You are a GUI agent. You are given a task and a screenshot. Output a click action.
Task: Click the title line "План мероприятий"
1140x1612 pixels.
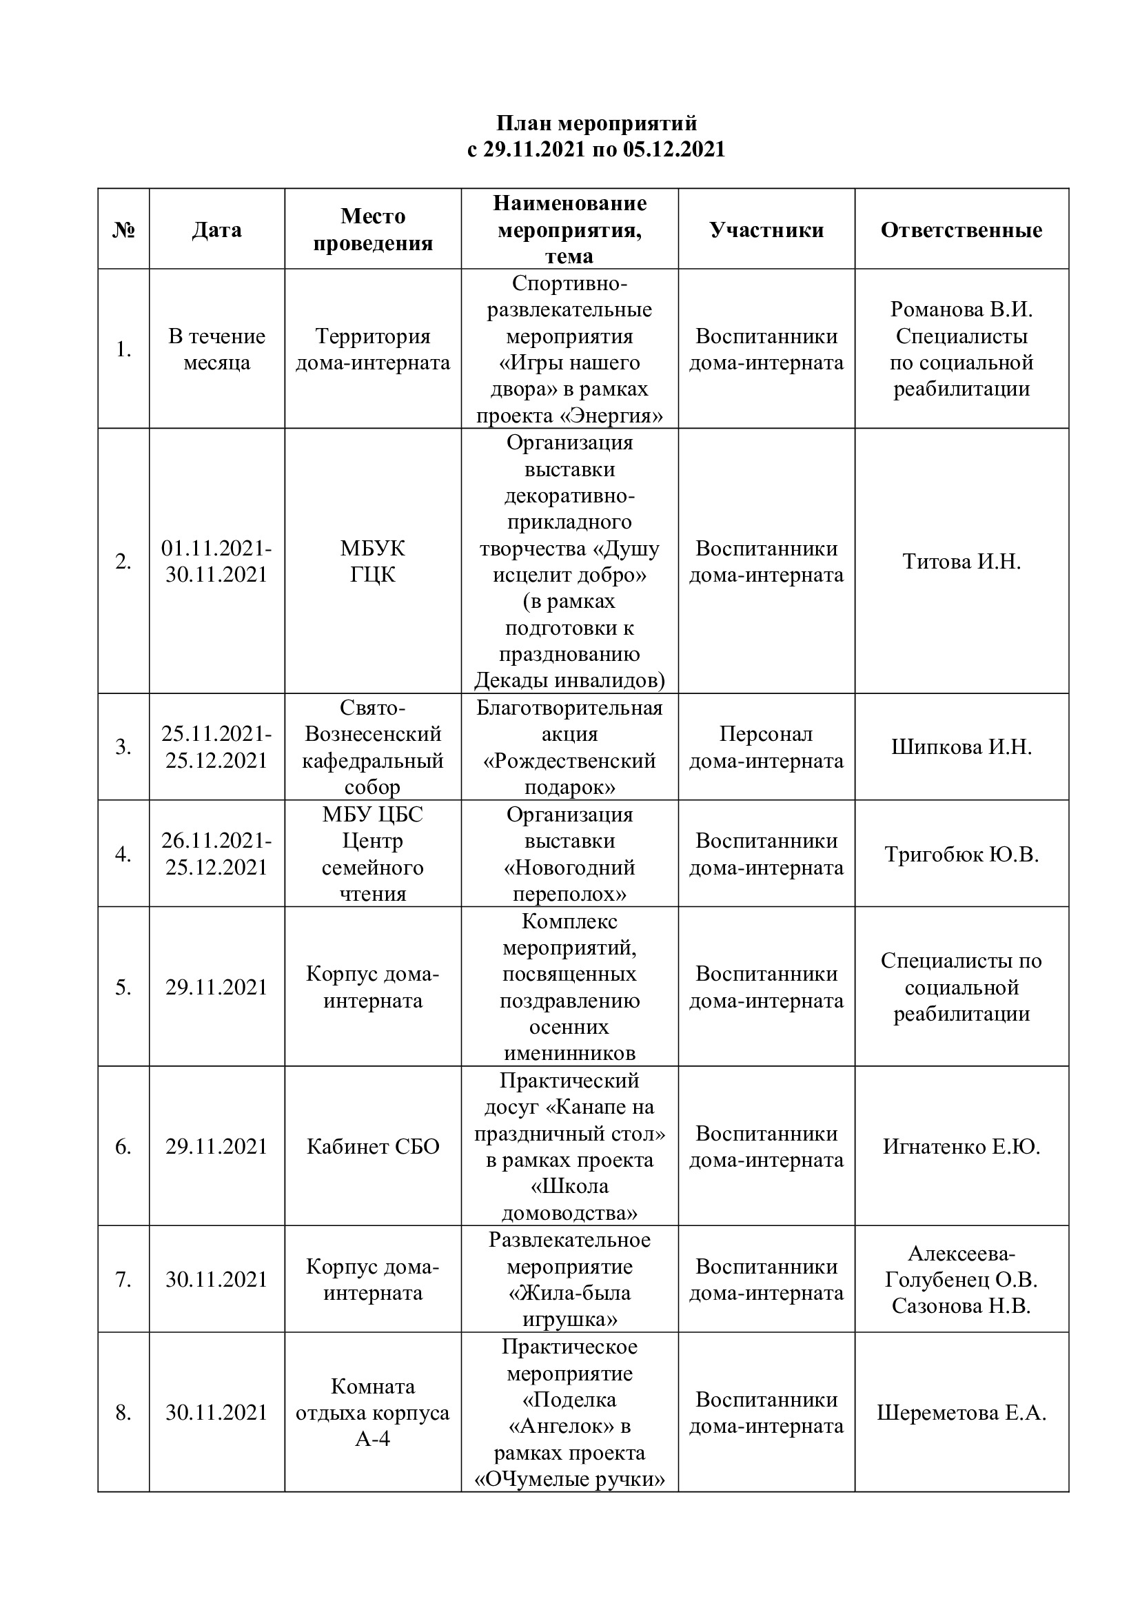[x=597, y=123]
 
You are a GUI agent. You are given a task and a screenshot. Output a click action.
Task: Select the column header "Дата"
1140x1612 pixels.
[x=216, y=229]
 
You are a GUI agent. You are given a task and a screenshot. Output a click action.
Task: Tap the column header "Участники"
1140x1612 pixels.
[x=766, y=229]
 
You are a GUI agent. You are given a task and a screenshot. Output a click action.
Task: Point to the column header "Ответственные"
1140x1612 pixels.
[x=961, y=229]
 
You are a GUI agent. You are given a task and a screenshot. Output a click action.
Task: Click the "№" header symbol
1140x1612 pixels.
[x=123, y=229]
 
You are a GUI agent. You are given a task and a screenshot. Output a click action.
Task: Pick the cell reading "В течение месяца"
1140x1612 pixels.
[x=216, y=349]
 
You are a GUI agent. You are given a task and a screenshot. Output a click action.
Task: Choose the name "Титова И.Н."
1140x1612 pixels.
[x=961, y=561]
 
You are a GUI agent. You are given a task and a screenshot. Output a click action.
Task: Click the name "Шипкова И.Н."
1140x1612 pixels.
[x=961, y=746]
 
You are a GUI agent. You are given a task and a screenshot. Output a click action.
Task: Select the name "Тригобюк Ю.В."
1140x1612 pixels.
[x=961, y=854]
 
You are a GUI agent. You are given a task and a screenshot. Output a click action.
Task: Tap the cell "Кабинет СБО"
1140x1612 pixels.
[x=373, y=1147]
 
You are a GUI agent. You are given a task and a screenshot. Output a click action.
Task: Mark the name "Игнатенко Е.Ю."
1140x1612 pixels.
[x=961, y=1147]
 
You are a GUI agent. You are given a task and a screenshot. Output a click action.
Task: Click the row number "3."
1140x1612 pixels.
[x=123, y=746]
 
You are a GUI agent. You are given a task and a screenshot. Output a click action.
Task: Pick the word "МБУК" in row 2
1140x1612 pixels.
[x=373, y=548]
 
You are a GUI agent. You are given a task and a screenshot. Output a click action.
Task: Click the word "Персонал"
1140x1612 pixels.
[x=766, y=734]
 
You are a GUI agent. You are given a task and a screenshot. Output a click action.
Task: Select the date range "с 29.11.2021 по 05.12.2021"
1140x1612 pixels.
[x=597, y=150]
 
